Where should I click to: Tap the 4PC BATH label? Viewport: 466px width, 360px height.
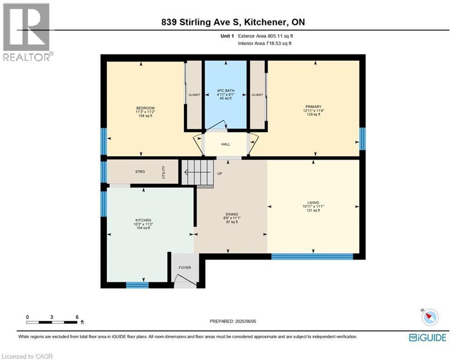click(x=225, y=90)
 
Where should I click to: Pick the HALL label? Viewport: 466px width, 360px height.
click(x=225, y=144)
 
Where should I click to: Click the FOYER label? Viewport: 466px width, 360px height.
click(x=185, y=268)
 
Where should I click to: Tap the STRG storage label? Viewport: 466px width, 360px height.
click(x=140, y=172)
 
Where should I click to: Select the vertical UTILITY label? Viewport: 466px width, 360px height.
click(x=163, y=172)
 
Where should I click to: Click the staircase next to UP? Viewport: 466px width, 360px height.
click(x=197, y=172)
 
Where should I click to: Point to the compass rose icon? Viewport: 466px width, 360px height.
click(x=429, y=317)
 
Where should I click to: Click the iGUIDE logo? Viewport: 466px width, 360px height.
click(x=427, y=337)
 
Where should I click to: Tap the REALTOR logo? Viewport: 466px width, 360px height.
click(x=27, y=32)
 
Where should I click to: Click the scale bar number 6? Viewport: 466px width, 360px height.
click(x=76, y=317)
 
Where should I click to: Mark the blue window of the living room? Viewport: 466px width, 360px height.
click(x=312, y=256)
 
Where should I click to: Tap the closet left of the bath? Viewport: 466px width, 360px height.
click(x=194, y=95)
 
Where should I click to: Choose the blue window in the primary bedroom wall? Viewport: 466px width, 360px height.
click(x=362, y=139)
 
